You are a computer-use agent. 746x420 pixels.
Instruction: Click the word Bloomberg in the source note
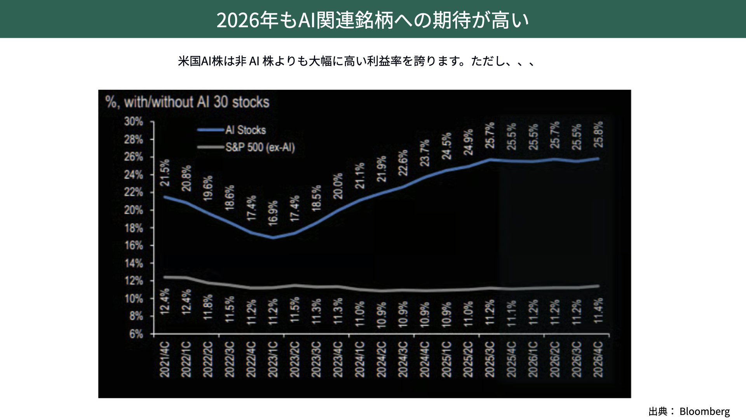tap(704, 411)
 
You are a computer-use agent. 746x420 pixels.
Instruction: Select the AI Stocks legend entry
tap(246, 130)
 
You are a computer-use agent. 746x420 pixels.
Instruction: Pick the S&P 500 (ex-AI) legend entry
tap(260, 147)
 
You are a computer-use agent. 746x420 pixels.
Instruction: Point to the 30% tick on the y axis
tap(134, 122)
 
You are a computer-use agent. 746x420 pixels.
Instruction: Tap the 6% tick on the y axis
tap(136, 334)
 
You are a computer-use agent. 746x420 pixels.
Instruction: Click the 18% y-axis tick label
tap(134, 228)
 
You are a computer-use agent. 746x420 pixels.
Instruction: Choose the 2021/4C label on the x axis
tap(165, 359)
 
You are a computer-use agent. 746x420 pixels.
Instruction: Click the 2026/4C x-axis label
tap(598, 359)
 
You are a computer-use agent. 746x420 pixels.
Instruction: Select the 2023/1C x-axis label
tap(273, 359)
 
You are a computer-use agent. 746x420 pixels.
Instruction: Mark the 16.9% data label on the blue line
tap(273, 213)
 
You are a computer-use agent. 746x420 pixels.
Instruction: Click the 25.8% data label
tap(599, 134)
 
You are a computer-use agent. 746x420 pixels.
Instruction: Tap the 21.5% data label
tap(165, 172)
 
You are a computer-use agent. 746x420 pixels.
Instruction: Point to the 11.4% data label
tap(599, 310)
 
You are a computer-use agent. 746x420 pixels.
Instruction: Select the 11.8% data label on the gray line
tap(208, 307)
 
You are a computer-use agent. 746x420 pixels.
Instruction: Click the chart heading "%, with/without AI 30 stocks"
tap(187, 102)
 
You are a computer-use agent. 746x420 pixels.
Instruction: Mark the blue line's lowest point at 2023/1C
tap(273, 237)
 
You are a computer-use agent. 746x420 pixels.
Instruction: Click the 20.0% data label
tap(338, 186)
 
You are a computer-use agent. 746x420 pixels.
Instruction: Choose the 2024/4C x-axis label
tap(425, 359)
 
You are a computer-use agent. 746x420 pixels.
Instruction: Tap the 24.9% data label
tap(469, 142)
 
